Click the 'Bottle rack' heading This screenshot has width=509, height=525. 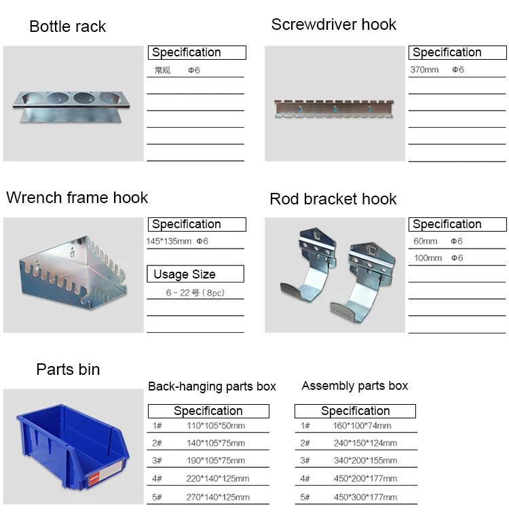coord(68,27)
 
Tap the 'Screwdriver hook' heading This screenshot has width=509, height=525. coord(333,24)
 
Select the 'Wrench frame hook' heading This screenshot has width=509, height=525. coord(77,198)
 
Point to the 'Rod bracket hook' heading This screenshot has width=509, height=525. coord(333,199)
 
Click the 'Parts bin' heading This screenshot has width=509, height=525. coord(68,369)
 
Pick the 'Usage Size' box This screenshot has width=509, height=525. coord(195,274)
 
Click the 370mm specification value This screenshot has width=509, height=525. coord(425,70)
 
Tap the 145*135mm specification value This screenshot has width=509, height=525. coord(169,241)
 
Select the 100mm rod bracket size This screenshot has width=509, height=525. coord(428,258)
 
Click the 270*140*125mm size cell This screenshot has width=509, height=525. coord(218,497)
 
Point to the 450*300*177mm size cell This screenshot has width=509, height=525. coord(365,497)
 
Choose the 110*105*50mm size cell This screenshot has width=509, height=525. coord(216,426)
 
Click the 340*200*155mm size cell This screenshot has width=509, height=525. coord(365,460)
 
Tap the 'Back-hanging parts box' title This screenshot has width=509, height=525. coord(212,386)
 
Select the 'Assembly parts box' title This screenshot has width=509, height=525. coord(355,386)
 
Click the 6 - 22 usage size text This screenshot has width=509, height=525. coord(195,293)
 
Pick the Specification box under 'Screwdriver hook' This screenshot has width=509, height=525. coord(457,52)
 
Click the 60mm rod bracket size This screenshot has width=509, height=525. coord(426,241)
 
